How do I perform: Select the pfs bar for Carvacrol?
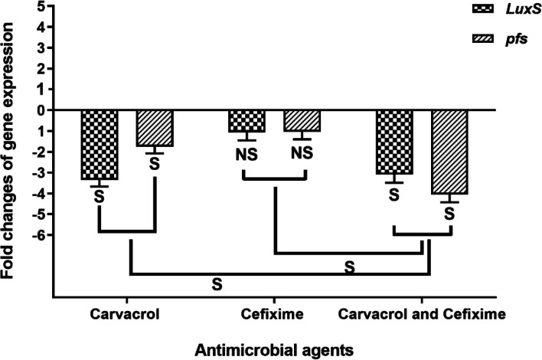pos(155,128)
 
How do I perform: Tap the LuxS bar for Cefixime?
pos(247,121)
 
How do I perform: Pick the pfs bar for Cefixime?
pos(302,121)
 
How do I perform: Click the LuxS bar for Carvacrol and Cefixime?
pos(394,142)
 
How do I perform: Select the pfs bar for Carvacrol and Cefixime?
pos(449,152)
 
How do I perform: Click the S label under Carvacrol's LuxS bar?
pos(99,198)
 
